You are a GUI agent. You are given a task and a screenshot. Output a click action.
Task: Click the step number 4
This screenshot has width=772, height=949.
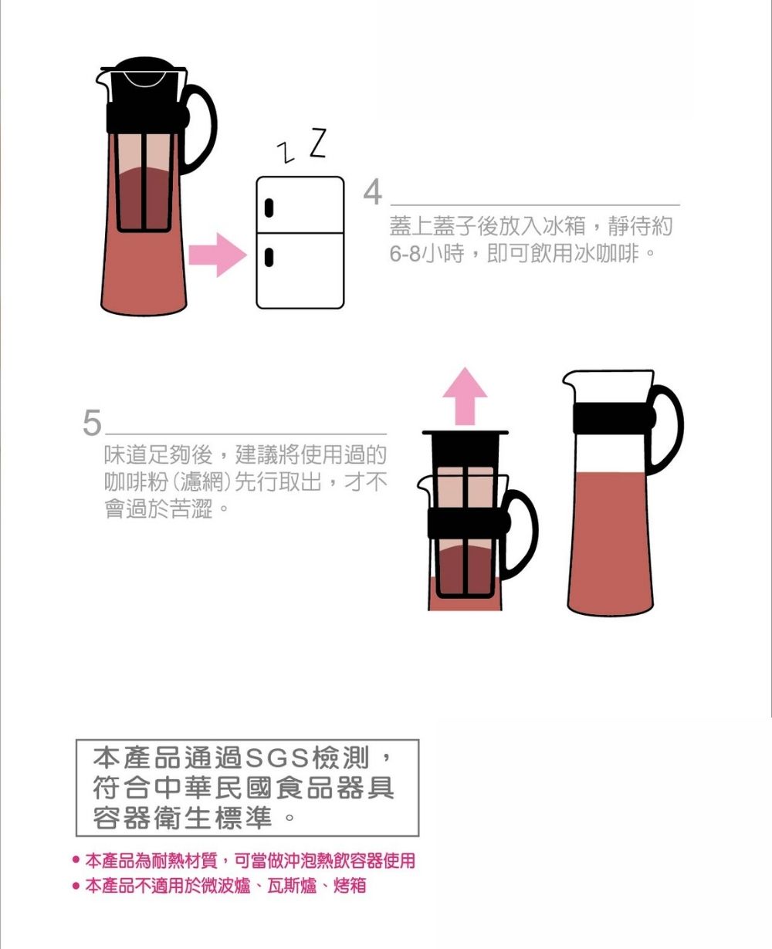click(373, 191)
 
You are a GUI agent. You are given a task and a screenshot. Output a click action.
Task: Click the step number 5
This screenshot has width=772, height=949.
click(93, 422)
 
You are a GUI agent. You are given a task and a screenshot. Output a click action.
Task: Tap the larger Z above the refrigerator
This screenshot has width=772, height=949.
click(319, 143)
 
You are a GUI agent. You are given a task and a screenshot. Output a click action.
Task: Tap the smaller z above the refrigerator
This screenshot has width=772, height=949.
click(286, 152)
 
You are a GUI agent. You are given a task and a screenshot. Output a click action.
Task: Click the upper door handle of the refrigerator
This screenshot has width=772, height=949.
click(269, 208)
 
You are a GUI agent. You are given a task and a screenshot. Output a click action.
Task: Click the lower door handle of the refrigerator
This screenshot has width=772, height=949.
click(269, 258)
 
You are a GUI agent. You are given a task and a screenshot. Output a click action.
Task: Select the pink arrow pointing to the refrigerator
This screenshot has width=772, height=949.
click(218, 255)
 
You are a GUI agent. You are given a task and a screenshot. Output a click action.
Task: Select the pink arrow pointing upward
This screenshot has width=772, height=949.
click(465, 396)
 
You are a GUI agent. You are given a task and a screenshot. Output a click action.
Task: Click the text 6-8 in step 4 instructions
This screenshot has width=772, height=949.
click(405, 254)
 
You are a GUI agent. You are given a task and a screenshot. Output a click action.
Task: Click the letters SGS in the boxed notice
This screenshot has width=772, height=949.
click(277, 758)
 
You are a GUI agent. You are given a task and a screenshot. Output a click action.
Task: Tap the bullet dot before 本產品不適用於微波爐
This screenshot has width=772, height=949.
click(76, 885)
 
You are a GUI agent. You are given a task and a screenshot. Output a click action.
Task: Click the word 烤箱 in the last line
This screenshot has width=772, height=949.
click(350, 885)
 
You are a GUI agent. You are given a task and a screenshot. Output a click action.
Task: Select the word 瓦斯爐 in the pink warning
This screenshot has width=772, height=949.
click(292, 885)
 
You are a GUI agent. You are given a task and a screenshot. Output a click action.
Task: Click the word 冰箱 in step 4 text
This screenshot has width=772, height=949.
click(564, 225)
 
